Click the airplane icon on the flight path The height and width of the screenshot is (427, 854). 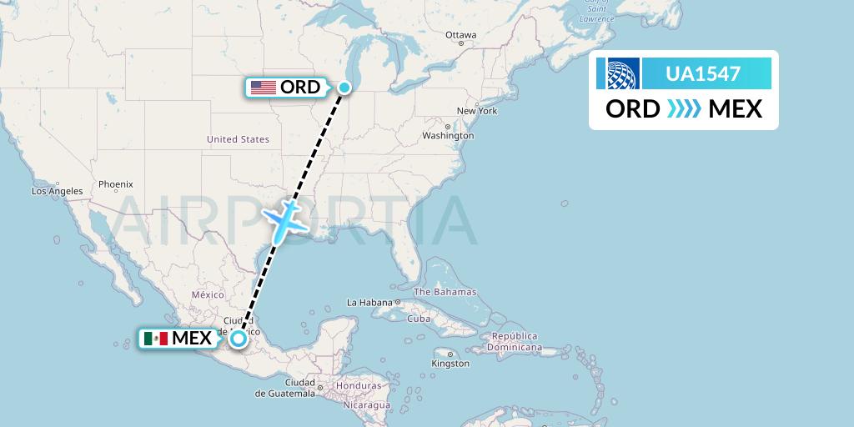click(286, 219)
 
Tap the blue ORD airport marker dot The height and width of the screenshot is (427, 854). click(344, 87)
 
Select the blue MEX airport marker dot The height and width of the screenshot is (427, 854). click(239, 338)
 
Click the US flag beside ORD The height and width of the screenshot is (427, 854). click(263, 87)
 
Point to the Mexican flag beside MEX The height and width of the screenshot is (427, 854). click(155, 338)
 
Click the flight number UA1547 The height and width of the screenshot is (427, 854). click(703, 73)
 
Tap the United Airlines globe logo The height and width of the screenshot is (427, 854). click(618, 73)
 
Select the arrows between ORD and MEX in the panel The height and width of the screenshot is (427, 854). click(684, 109)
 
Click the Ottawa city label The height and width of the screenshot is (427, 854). click(460, 35)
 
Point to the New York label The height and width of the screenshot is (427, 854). click(477, 111)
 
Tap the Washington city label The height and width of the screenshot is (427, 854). click(448, 135)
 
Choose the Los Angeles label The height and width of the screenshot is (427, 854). click(58, 191)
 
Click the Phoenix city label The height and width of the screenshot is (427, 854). click(116, 183)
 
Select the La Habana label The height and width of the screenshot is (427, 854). click(369, 302)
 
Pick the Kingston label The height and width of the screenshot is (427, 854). click(450, 363)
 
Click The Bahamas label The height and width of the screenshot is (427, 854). click(445, 292)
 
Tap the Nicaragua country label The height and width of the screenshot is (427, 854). click(366, 404)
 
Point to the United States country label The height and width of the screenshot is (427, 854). click(239, 139)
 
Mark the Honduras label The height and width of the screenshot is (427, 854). click(359, 386)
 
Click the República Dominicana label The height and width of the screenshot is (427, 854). click(517, 341)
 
